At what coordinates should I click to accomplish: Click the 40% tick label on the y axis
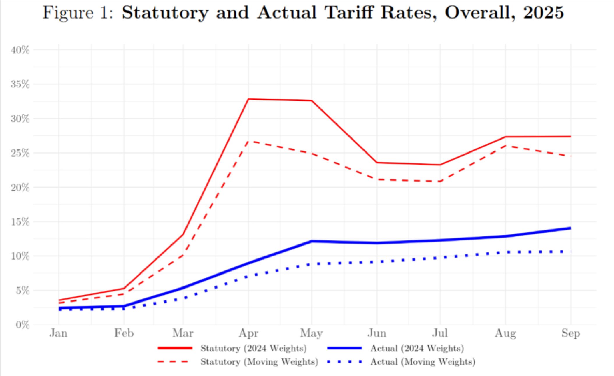20,50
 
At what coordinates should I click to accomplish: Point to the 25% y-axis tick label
20,153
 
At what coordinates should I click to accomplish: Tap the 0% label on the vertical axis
22,325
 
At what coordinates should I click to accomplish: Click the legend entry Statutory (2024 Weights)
253,348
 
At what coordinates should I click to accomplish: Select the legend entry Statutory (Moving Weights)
259,362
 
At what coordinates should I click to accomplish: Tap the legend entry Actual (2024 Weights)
417,348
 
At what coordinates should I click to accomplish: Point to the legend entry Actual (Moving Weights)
423,362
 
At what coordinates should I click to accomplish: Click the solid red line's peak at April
248,99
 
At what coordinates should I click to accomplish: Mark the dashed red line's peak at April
248,141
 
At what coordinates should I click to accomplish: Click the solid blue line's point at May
312,241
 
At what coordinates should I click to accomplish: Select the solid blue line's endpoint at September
570,228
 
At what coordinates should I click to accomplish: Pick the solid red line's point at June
377,162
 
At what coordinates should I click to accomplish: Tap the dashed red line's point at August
506,146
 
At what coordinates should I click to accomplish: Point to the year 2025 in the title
544,13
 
